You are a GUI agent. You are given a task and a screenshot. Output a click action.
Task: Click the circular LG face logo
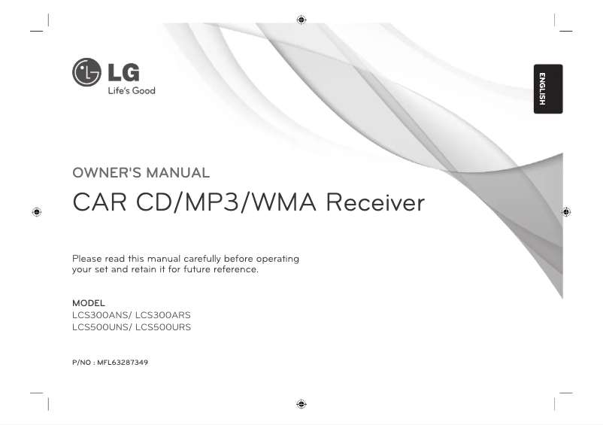[86, 72]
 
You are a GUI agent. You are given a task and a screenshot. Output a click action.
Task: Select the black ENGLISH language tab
[548, 89]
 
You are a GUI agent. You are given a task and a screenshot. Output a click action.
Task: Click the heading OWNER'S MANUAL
[141, 173]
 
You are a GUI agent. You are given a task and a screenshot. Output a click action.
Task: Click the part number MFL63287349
[123, 363]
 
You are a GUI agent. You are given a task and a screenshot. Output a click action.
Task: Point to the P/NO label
[80, 363]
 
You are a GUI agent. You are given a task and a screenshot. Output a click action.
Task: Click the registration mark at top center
[301, 19]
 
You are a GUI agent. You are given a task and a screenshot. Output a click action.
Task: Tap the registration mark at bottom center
[301, 403]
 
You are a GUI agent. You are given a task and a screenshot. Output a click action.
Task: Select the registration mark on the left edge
[36, 212]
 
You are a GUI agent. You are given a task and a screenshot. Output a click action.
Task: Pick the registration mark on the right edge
[566, 212]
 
